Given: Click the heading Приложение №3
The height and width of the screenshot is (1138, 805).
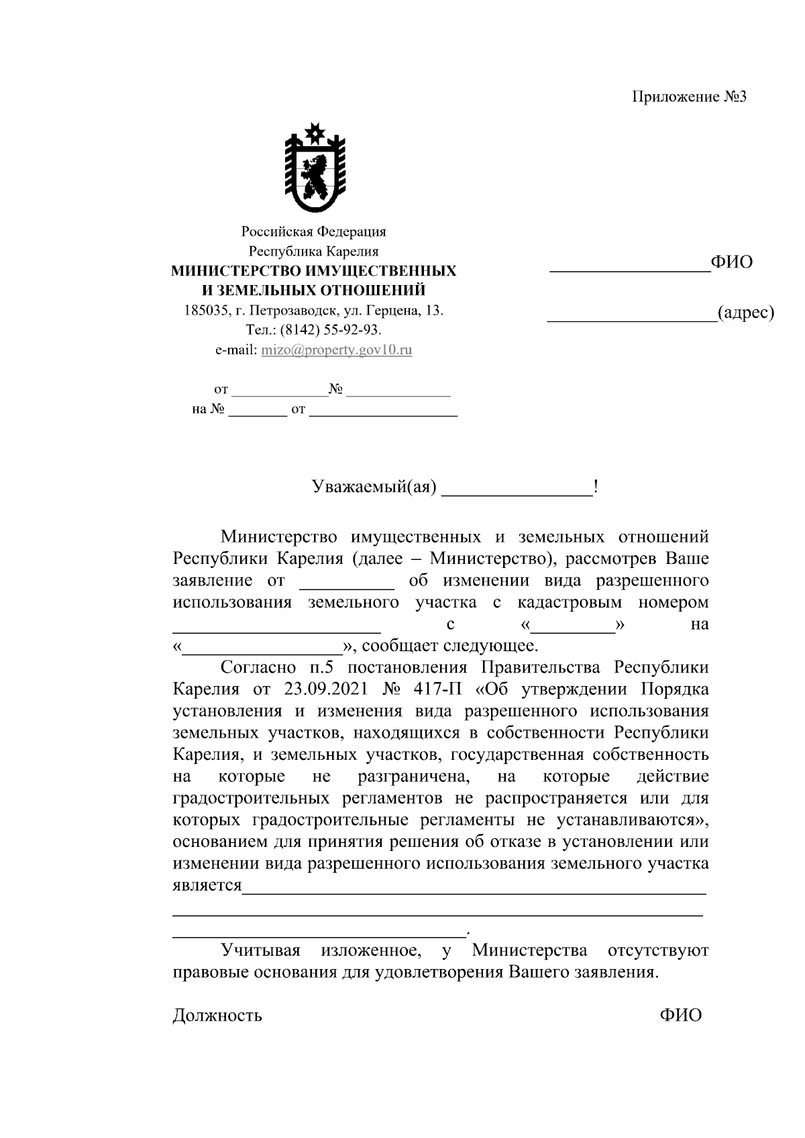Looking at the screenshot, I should point(689,97).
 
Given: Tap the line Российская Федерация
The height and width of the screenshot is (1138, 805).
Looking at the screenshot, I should point(313,232).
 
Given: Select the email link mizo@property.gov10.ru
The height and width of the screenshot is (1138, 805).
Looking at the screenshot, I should point(336,350).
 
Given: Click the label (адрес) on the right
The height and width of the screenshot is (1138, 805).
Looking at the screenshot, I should point(745,312).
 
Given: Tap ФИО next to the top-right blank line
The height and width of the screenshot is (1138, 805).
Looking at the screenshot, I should point(731,262).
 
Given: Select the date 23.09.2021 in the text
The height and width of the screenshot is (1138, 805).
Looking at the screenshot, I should point(319,689).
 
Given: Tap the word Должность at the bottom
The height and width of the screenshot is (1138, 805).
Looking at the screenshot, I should point(217,1015).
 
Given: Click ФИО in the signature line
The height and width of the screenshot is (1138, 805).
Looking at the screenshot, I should point(680,1015).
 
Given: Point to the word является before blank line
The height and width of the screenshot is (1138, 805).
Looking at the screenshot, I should point(207,886).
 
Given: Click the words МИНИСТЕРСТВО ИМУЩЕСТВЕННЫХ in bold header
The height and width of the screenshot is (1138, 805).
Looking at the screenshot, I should point(313,271).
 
